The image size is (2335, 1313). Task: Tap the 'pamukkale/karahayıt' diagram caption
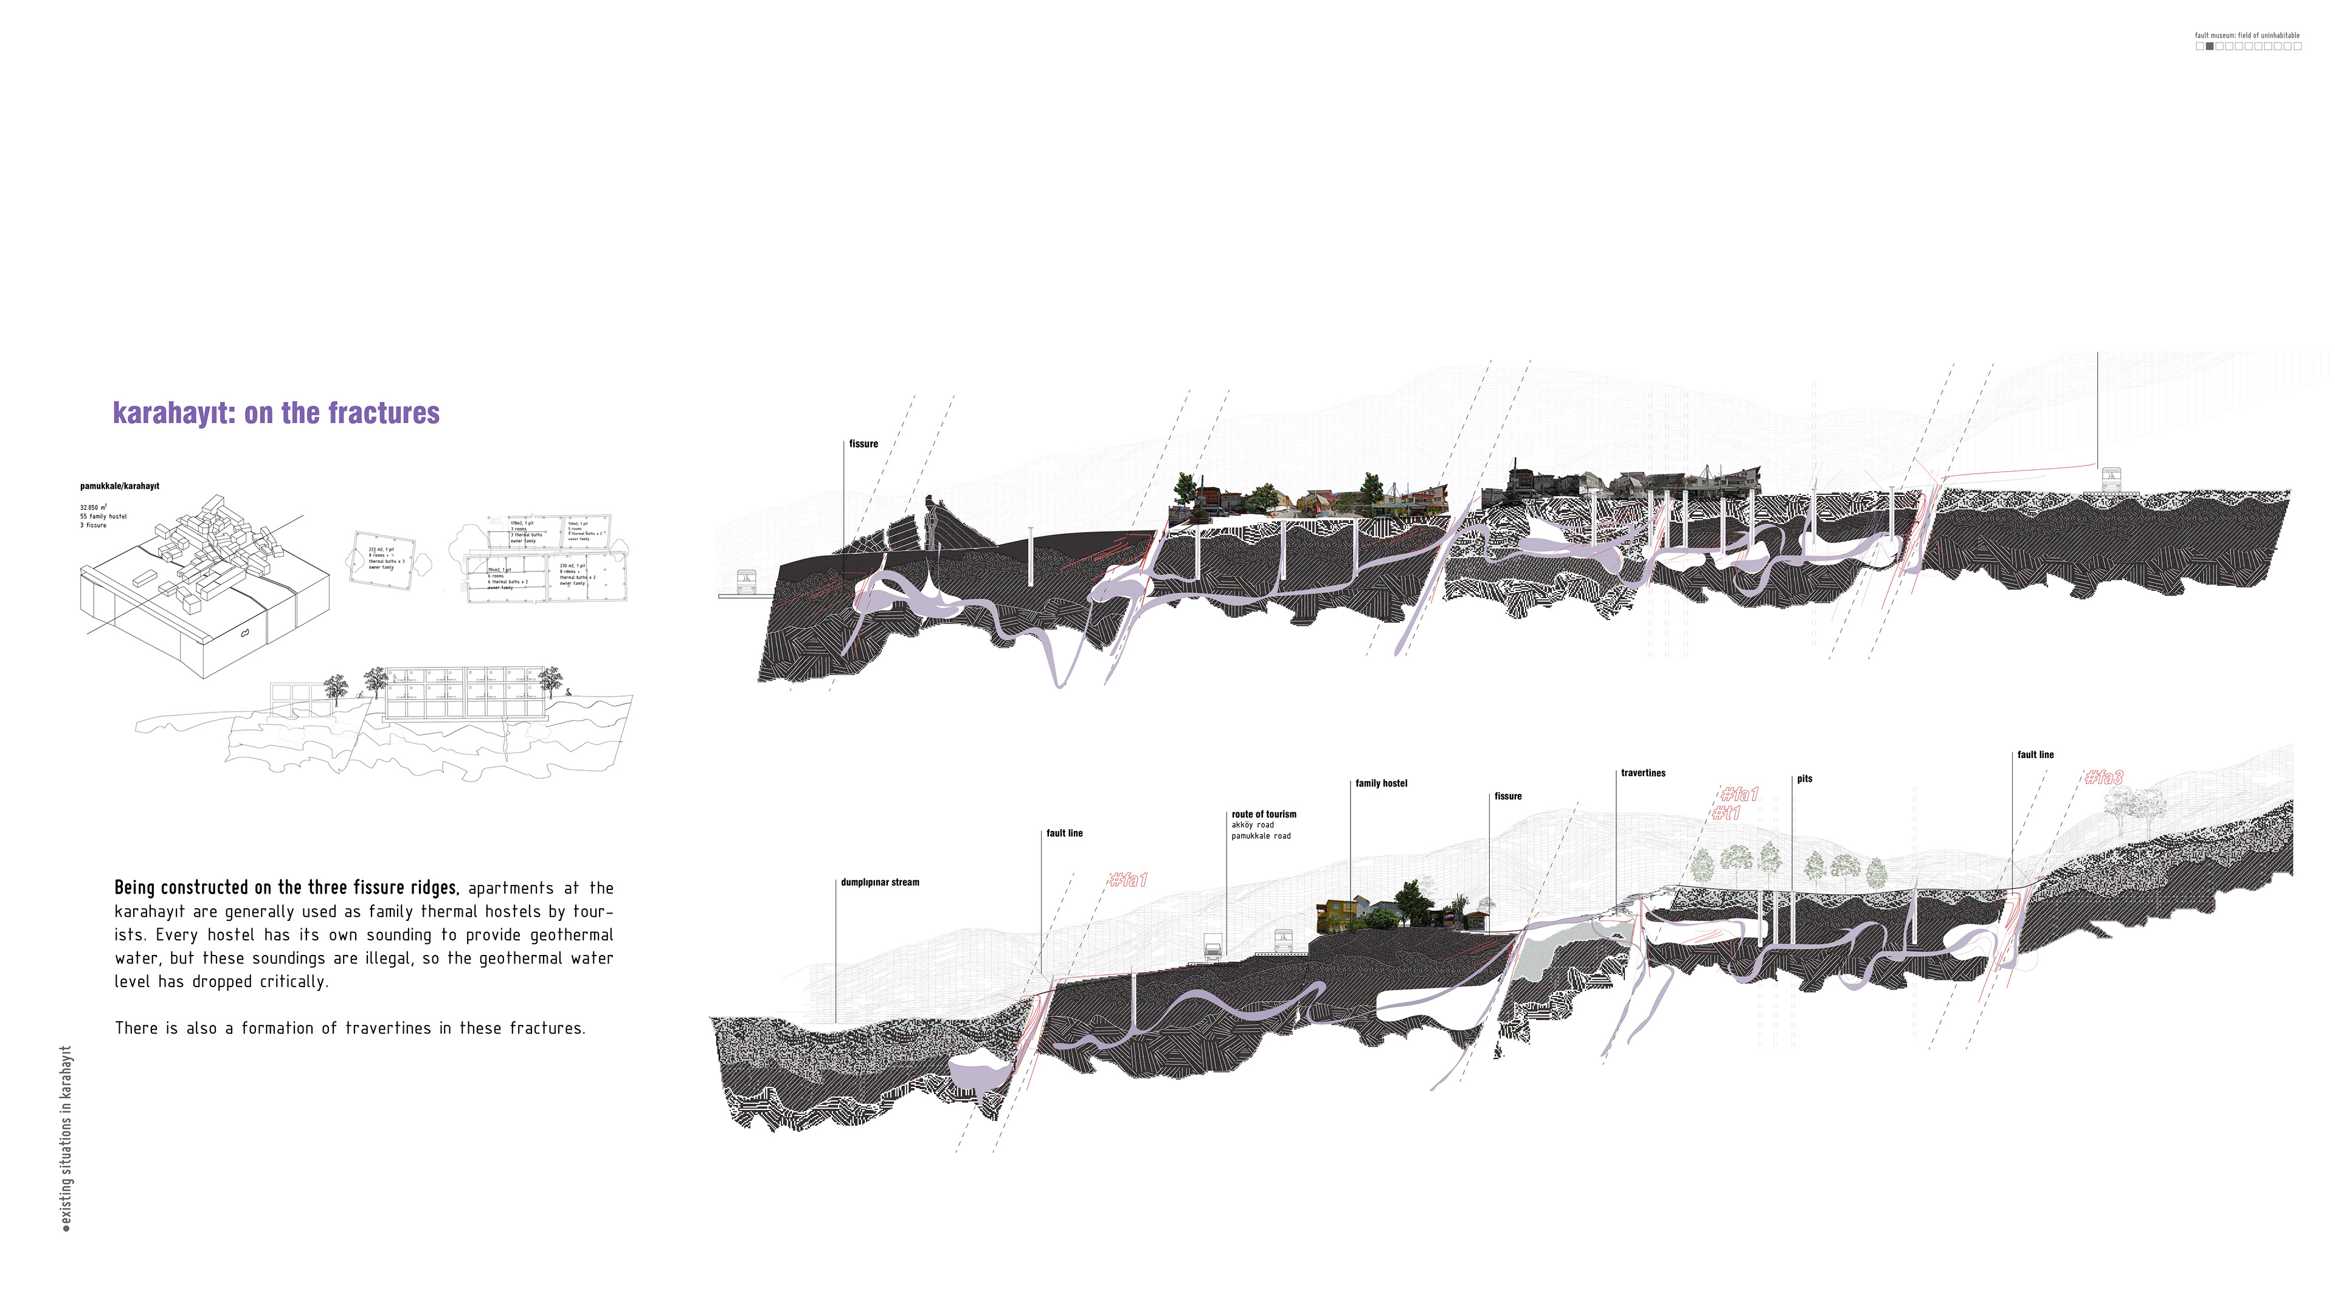[120, 486]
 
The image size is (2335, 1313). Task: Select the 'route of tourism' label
[1264, 815]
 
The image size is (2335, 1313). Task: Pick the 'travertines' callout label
[1642, 774]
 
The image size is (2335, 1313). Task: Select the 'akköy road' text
[1252, 825]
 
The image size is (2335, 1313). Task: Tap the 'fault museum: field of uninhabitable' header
[2246, 35]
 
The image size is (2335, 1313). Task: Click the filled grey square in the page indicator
[2209, 46]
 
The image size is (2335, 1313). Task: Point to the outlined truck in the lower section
[1213, 947]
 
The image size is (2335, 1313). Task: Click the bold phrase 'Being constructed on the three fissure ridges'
[286, 888]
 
